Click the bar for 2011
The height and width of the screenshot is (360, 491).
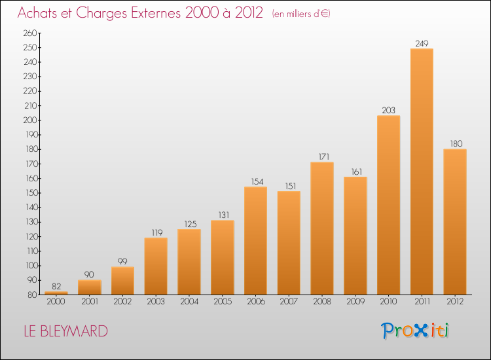pos(422,171)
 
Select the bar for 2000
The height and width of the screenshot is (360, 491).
pos(56,293)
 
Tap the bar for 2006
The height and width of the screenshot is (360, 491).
pos(255,241)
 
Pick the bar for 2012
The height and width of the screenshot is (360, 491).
pos(455,222)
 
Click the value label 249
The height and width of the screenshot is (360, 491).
pos(422,43)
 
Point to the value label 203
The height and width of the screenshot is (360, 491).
pos(389,110)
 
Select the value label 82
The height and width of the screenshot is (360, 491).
pos(56,286)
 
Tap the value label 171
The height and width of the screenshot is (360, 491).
pos(324,156)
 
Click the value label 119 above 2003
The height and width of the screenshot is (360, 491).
pos(157,232)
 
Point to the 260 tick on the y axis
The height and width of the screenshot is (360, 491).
pos(30,33)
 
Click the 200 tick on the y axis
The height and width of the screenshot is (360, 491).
pos(30,120)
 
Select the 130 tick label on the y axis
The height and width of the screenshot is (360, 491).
pos(31,222)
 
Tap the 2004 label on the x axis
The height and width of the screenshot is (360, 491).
pos(189,302)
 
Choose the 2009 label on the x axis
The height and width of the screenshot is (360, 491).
pos(355,302)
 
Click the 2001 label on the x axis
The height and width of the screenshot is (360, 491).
pos(90,302)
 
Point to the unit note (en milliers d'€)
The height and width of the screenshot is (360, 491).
pos(301,14)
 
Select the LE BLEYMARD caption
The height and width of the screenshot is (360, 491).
pos(65,331)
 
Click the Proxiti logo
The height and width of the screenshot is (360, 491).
pos(415,331)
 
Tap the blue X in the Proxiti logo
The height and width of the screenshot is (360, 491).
pos(420,331)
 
